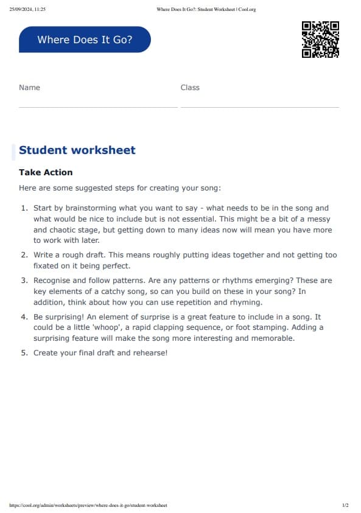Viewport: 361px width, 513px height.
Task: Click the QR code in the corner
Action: click(320, 40)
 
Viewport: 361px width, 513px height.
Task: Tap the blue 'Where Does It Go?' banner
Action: click(85, 40)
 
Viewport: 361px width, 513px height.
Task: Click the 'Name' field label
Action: click(29, 88)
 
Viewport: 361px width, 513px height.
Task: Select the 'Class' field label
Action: click(190, 88)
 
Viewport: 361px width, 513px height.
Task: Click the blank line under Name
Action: click(98, 107)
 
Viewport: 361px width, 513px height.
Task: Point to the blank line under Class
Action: click(259, 107)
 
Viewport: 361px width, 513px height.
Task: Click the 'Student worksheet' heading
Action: click(77, 150)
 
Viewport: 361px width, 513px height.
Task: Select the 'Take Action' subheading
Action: click(46, 172)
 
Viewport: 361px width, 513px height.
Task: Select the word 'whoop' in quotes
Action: click(106, 327)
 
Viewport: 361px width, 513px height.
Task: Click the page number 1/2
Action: click(345, 505)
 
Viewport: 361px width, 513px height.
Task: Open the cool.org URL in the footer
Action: click(88, 505)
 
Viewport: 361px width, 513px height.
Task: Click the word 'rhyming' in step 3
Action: click(246, 302)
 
